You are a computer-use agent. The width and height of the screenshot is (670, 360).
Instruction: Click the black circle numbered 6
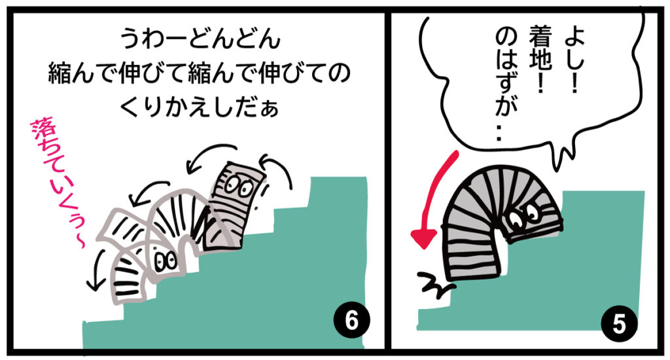351,321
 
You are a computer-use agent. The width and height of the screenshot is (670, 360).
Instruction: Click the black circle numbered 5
619,323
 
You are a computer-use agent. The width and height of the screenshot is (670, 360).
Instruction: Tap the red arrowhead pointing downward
423,238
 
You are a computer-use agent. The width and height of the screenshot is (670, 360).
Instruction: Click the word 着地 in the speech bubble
541,56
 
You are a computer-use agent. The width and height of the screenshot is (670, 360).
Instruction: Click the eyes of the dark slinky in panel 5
525,215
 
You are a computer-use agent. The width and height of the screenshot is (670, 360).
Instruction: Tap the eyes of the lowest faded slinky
166,261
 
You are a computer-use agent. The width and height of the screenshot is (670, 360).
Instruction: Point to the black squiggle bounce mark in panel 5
432,285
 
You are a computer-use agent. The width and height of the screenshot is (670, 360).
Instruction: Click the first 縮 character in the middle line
60,73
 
